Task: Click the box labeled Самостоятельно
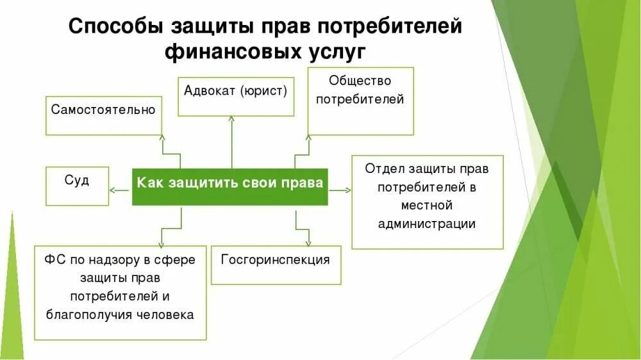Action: (104, 115)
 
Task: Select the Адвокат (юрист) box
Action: (235, 97)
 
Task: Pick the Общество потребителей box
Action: (360, 101)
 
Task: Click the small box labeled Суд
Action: (77, 186)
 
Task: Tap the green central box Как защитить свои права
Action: (230, 186)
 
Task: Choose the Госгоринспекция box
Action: (276, 265)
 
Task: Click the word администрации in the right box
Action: (427, 224)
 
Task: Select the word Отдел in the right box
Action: (383, 169)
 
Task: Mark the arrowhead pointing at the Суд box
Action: (112, 190)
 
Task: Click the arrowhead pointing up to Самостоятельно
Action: (162, 138)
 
